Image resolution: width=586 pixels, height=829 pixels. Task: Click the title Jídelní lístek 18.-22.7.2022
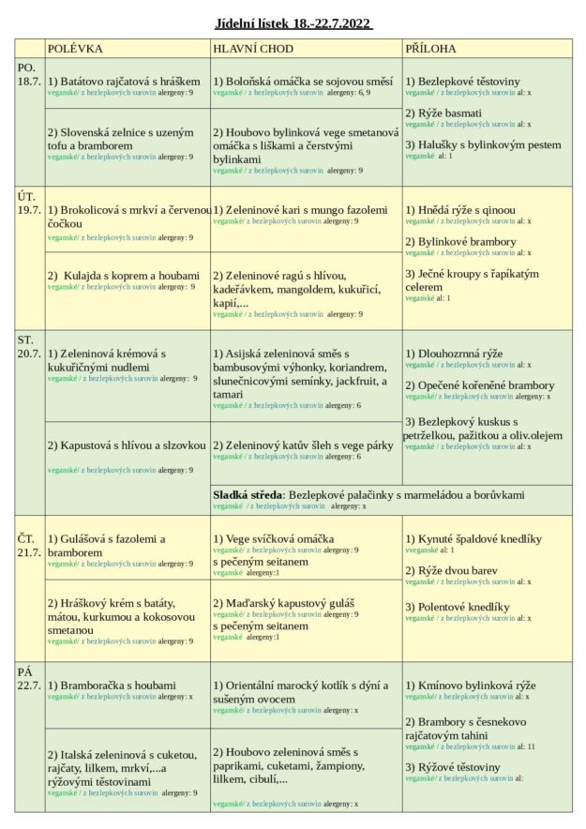pos(293,23)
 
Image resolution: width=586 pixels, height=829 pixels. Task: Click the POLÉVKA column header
pos(75,49)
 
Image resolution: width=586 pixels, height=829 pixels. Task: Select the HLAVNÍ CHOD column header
pos(253,49)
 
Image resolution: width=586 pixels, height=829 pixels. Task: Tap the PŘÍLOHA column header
pos(431,49)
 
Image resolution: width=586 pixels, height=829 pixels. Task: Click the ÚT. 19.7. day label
pos(29,202)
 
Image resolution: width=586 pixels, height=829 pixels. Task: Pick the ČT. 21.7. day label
pos(29,545)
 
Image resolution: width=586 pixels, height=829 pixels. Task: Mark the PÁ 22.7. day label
pos(29,678)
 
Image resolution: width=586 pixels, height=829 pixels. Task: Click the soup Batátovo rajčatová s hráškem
pos(124,82)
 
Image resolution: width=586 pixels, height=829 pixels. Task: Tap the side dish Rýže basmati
pos(443,113)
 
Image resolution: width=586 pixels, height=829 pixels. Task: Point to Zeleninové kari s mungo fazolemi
pos(300,210)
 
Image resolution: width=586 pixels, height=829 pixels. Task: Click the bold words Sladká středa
pos(248,494)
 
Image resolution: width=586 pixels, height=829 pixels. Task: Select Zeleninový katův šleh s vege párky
pos(303,445)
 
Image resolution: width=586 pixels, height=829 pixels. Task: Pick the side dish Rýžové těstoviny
pos(453,767)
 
